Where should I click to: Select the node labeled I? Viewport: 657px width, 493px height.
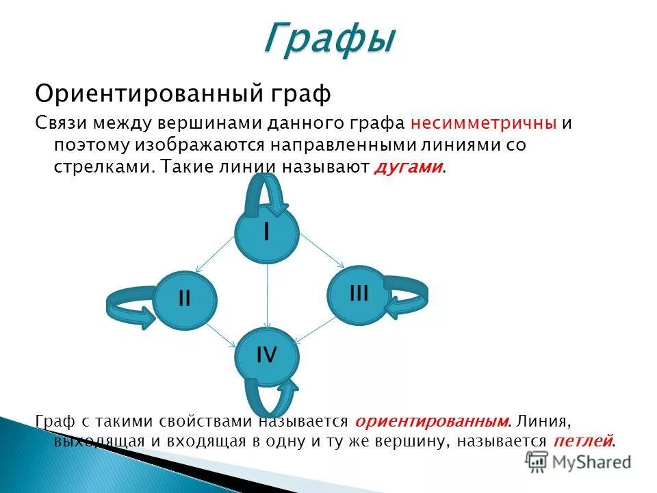pyautogui.click(x=267, y=233)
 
